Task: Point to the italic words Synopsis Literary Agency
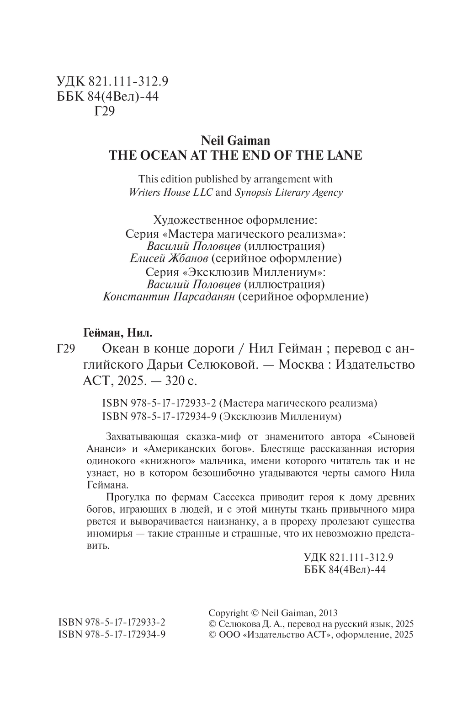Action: click(x=288, y=193)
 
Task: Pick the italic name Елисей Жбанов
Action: click(x=169, y=259)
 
